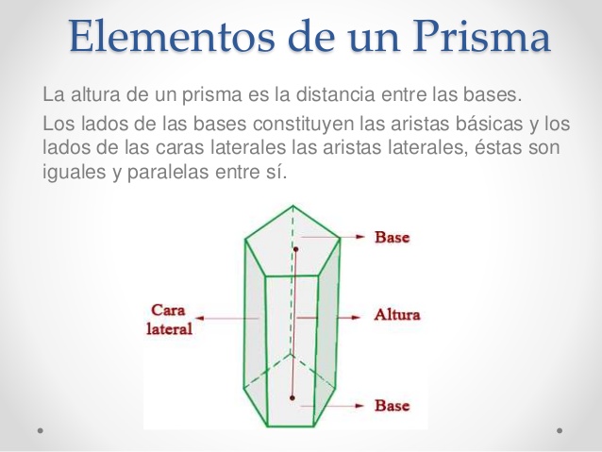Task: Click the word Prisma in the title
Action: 481,37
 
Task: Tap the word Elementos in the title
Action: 172,37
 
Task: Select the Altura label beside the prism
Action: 397,315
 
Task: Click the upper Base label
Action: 392,237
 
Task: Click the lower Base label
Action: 392,405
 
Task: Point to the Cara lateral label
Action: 169,320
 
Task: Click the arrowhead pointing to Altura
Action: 356,317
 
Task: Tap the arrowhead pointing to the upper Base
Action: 360,237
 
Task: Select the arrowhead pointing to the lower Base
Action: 360,406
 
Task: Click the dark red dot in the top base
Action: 295,250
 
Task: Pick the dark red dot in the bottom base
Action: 293,398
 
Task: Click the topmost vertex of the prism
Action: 293,206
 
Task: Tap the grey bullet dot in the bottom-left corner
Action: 40,430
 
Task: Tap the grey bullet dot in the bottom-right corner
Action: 560,430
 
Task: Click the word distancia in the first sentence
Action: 335,94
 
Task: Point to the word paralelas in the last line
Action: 168,173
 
